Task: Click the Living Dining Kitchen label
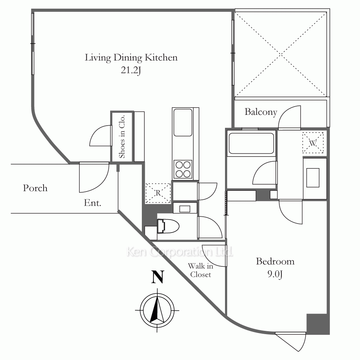click(x=131, y=58)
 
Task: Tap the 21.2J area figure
click(x=131, y=71)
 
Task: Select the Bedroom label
click(x=275, y=261)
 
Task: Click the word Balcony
click(x=261, y=112)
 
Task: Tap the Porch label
click(x=35, y=188)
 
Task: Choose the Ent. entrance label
click(x=93, y=203)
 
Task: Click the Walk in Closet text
click(x=201, y=270)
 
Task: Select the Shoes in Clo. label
click(x=122, y=136)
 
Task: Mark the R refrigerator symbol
click(x=158, y=193)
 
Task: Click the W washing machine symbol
click(x=313, y=143)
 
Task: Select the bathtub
click(x=251, y=144)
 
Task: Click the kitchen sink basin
click(x=183, y=122)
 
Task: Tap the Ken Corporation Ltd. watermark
click(x=180, y=252)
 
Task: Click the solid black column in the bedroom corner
click(x=318, y=324)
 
